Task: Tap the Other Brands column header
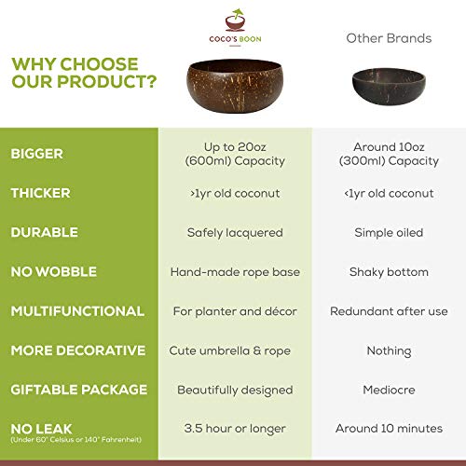[389, 38]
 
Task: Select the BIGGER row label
[45, 153]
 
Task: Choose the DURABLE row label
[45, 232]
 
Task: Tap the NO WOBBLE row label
[54, 271]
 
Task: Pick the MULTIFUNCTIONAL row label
[77, 310]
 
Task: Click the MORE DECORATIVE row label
[78, 350]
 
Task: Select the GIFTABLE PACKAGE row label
[79, 390]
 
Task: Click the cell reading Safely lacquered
[234, 232]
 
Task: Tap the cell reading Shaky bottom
[389, 271]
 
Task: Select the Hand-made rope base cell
[234, 271]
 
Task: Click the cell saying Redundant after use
[389, 311]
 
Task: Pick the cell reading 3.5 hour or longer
[234, 429]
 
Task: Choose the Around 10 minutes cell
[389, 429]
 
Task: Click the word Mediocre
[389, 390]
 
